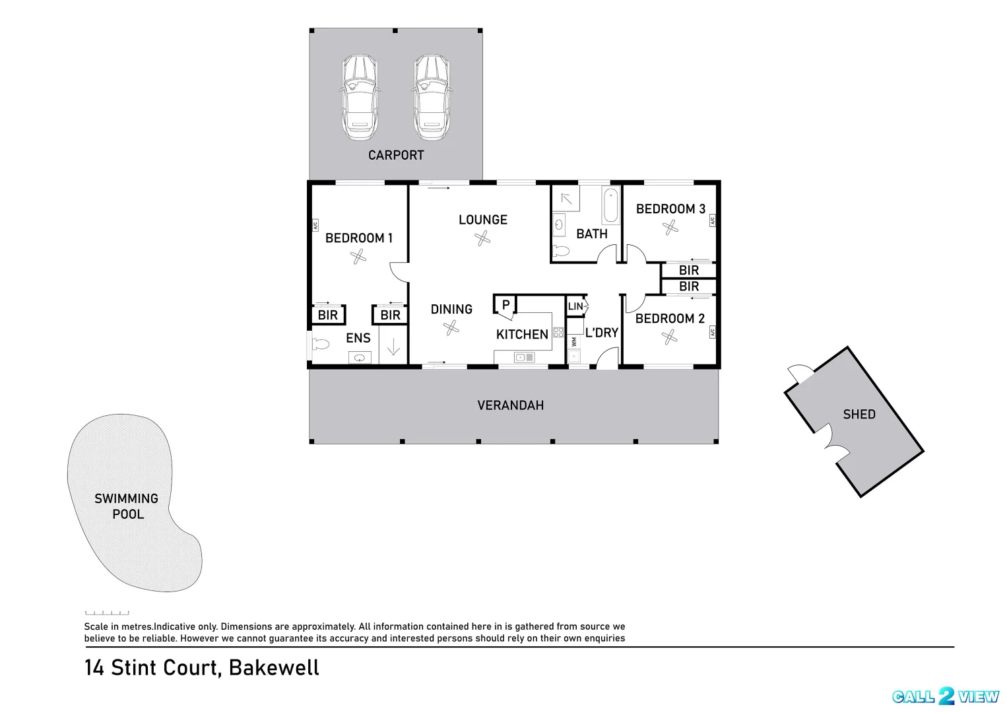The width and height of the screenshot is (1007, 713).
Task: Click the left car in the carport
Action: pos(359,97)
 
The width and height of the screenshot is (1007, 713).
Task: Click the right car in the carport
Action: pos(432,97)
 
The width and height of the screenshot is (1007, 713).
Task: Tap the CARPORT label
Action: pos(396,155)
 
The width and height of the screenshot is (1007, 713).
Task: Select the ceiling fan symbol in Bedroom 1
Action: pos(358,256)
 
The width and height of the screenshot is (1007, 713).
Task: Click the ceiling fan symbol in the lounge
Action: pos(483,238)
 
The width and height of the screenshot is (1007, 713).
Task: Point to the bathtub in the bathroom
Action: pos(610,205)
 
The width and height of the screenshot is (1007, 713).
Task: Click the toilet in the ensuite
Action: pos(321,344)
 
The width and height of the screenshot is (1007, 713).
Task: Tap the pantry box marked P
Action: pos(505,304)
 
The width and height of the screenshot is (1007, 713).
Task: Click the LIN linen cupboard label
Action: pos(575,306)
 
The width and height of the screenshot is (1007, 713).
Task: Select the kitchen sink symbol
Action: pos(524,357)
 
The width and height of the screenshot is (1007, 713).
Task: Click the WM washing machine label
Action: pos(574,342)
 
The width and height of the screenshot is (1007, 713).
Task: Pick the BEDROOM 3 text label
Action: pos(670,209)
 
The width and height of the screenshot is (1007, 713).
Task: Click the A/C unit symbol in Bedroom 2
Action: pos(713,333)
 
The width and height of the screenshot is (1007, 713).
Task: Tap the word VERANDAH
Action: pos(511,405)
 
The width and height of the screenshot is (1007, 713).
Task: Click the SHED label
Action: pos(859,415)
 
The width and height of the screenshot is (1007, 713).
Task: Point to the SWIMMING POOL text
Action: pos(127,506)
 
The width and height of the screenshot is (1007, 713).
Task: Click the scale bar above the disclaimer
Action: pos(107,613)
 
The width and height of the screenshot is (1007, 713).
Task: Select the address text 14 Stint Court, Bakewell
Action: pos(202,667)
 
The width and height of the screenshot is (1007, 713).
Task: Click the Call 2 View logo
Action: pos(946,696)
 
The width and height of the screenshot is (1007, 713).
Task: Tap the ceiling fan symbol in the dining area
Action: pos(452,327)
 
